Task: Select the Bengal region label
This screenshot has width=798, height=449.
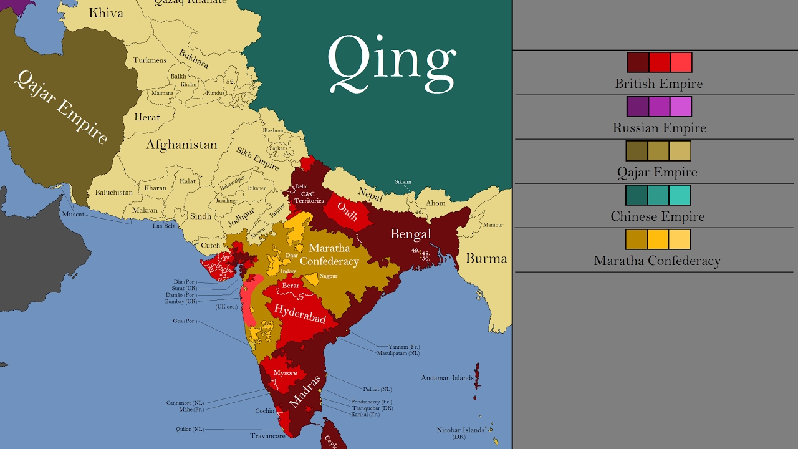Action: tap(411, 234)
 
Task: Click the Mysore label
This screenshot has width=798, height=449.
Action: tap(285, 372)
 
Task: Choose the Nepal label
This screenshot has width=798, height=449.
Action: tap(370, 194)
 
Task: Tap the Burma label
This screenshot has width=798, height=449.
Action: tap(486, 258)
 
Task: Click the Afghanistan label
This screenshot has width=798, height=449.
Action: tap(181, 145)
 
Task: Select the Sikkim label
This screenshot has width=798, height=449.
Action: tap(403, 182)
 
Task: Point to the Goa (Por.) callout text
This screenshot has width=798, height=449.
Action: tap(185, 321)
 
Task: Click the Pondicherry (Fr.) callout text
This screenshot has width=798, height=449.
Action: tap(372, 402)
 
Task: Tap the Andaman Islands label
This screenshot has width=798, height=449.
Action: tap(447, 378)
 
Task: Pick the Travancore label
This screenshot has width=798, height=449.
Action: tap(267, 436)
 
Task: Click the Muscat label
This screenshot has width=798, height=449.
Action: tap(74, 214)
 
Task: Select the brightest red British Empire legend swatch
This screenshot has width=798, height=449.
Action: tap(681, 62)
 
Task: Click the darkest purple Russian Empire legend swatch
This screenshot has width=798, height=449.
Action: tap(637, 107)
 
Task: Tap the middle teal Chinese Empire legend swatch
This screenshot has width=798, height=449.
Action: tap(659, 195)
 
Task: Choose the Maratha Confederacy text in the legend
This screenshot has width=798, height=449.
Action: tap(656, 261)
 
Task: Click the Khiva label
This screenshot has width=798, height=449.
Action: tap(106, 13)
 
